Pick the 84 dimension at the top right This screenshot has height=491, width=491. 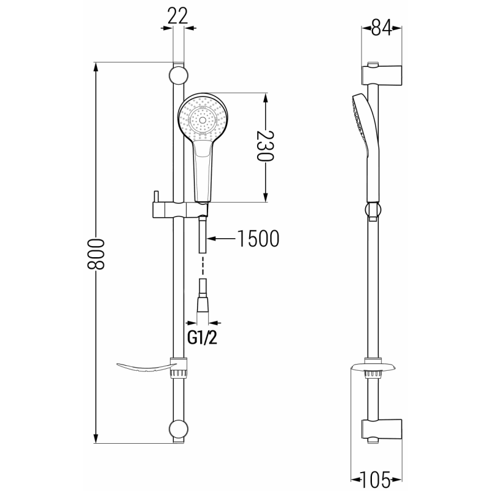point(381,28)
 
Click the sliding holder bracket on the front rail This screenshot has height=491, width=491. point(172,209)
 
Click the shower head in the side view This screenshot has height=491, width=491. point(361,129)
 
